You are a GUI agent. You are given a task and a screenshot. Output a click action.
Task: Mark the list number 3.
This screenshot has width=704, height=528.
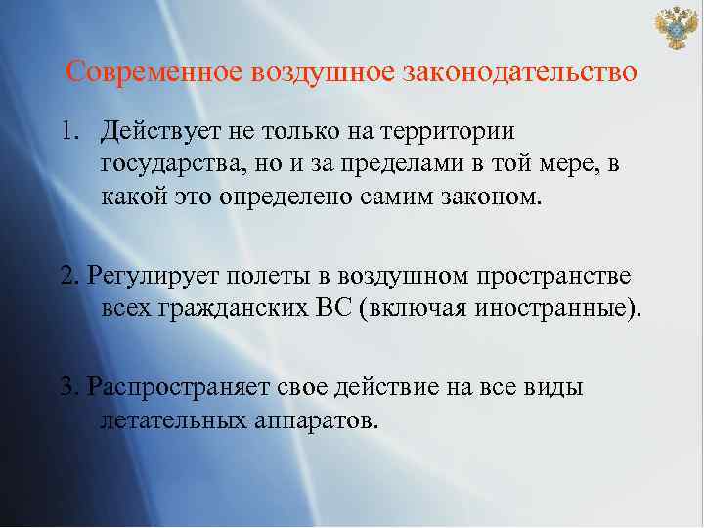pyautogui.click(x=67, y=387)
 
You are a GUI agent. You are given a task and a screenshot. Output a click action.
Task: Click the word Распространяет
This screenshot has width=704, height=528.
pyautogui.click(x=173, y=387)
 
